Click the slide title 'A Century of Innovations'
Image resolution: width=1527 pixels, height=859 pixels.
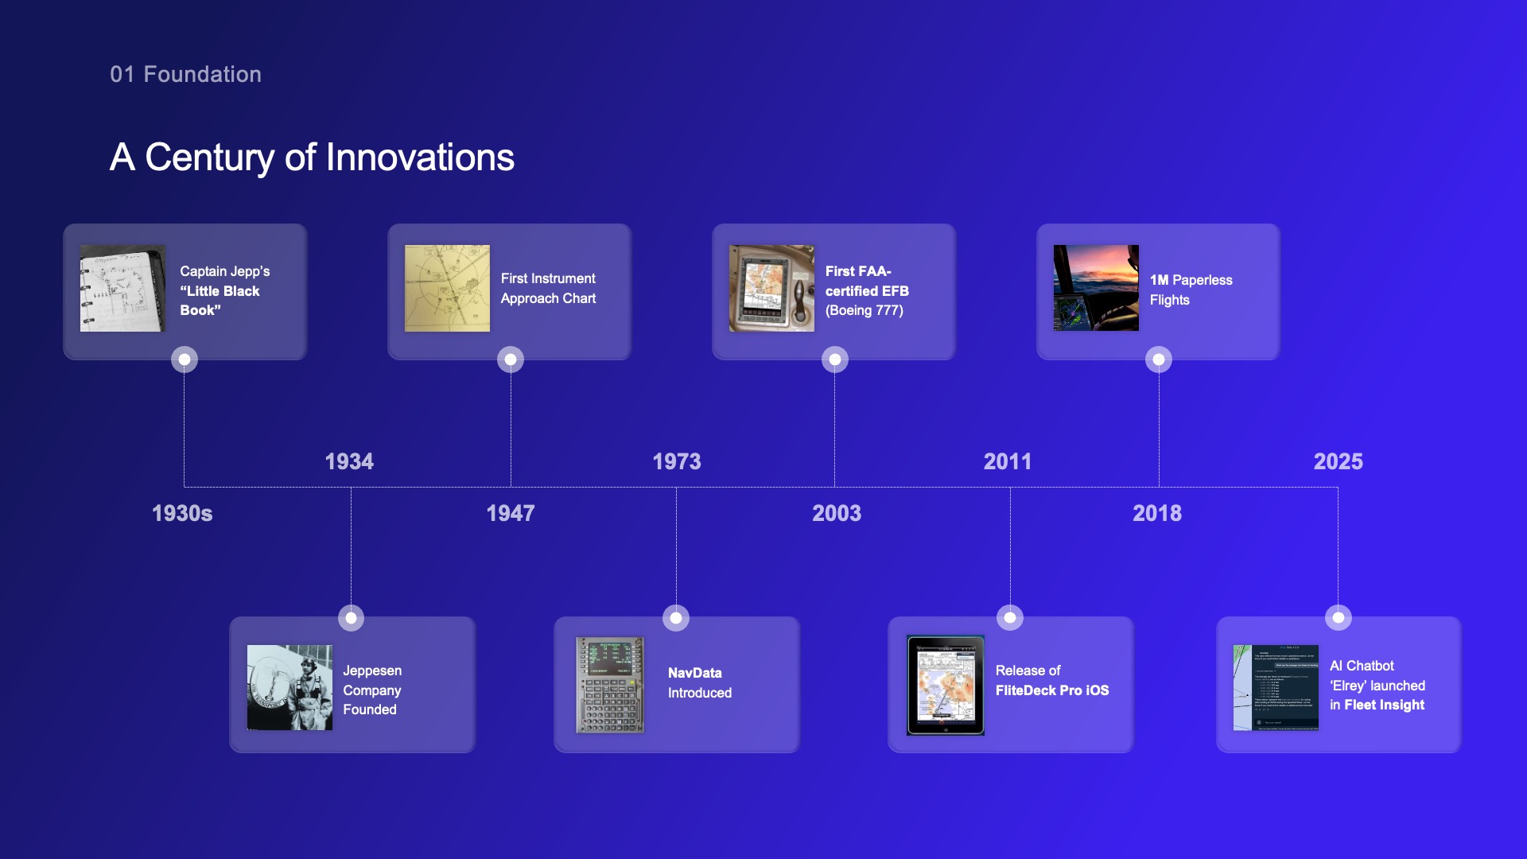click(312, 157)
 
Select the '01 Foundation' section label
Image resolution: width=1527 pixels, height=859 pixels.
click(185, 74)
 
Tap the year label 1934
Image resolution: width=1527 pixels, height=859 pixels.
click(349, 461)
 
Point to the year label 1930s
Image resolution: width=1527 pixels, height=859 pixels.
click(182, 513)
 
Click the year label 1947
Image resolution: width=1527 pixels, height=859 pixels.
click(511, 513)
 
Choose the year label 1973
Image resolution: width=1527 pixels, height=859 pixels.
click(677, 461)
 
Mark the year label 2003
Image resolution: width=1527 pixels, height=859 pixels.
click(837, 513)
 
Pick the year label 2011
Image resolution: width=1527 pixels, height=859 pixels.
click(1008, 461)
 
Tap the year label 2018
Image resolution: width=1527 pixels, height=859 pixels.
click(1157, 513)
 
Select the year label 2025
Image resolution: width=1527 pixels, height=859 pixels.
click(1339, 461)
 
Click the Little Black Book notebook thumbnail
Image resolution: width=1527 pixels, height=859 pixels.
click(122, 288)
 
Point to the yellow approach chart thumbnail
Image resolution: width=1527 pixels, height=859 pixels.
click(447, 288)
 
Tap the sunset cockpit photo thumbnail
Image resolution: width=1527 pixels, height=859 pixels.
click(1096, 288)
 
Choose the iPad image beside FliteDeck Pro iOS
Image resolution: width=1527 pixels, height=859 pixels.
click(946, 685)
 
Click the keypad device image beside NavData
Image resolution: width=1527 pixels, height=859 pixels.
click(610, 685)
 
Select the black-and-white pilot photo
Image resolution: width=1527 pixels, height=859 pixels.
click(289, 687)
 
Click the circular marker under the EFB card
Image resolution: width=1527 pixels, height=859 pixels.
click(835, 360)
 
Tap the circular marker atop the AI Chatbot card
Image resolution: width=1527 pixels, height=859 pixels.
click(1339, 617)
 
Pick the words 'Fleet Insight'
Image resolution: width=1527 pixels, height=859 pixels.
click(1384, 705)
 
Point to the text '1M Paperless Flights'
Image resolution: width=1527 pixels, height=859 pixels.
click(1191, 290)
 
